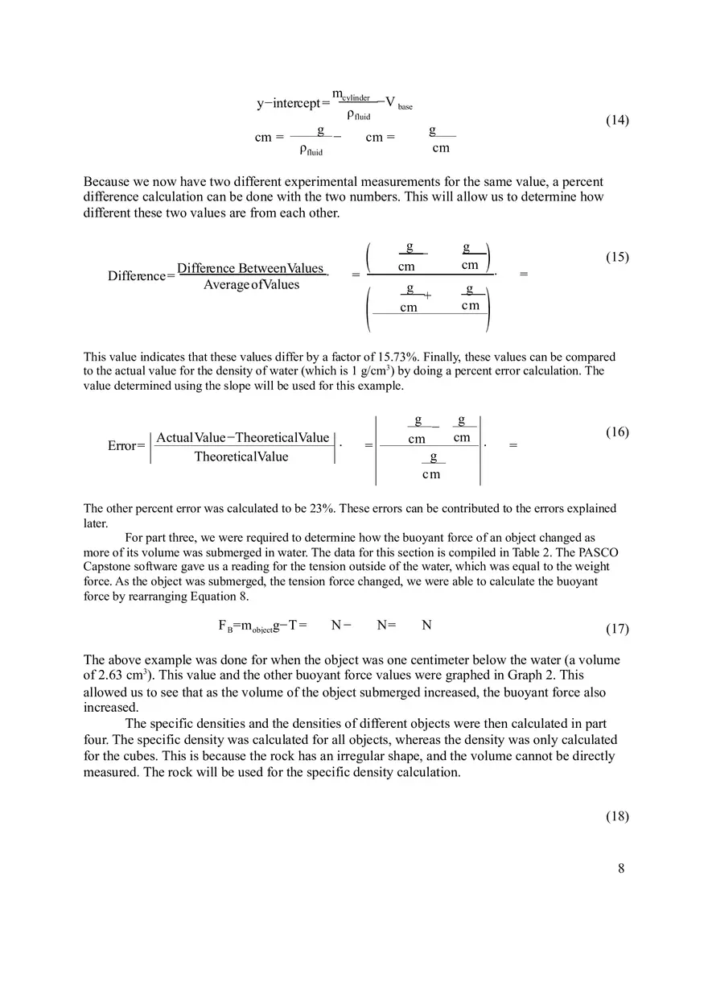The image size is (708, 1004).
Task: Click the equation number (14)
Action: [x=616, y=120]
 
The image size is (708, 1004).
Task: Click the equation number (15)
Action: [x=616, y=257]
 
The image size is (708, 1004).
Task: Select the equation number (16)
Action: [x=616, y=432]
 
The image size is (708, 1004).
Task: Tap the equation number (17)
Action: [x=616, y=629]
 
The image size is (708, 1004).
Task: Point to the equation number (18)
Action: [x=616, y=816]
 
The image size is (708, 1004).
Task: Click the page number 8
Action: [x=621, y=868]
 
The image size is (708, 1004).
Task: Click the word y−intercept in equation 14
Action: [x=288, y=103]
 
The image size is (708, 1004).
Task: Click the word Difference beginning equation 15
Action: [x=137, y=276]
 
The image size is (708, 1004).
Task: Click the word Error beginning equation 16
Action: [x=123, y=446]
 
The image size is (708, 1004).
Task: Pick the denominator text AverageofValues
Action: [x=251, y=285]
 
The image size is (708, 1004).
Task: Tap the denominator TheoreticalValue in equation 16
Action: [x=241, y=457]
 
